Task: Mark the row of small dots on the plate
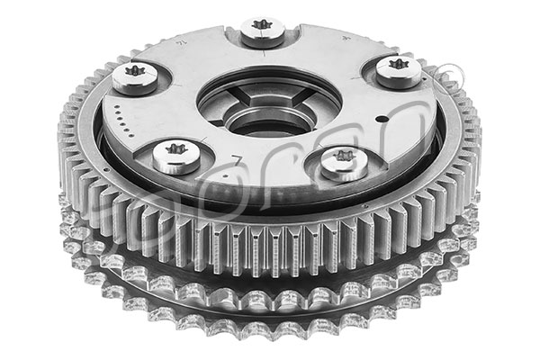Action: click(x=122, y=118)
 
